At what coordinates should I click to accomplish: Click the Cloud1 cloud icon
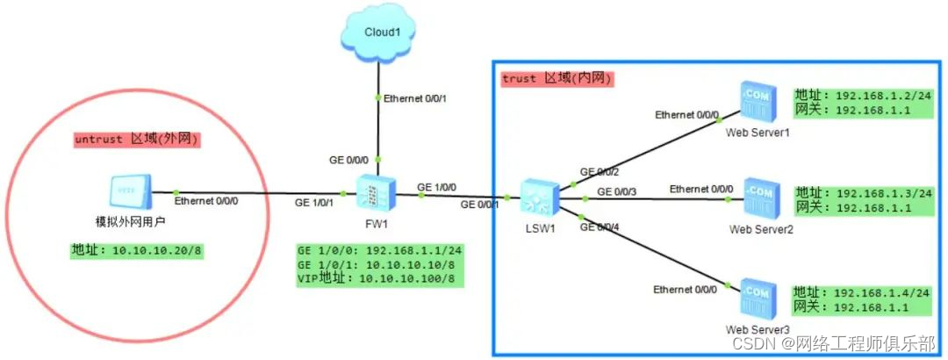coord(377,32)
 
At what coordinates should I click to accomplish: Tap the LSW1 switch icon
coord(535,197)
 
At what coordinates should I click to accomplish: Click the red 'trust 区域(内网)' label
coord(557,79)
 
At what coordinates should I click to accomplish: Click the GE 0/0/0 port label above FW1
coord(349,160)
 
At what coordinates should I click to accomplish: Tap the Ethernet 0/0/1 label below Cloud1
coord(416,98)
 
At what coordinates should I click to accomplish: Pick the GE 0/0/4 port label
coord(600,227)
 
